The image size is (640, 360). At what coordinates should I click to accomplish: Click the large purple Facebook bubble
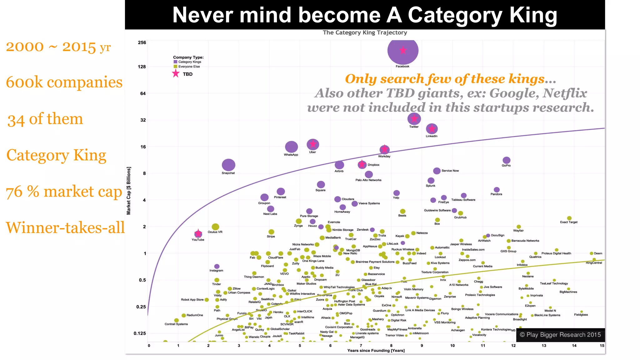pyautogui.click(x=402, y=50)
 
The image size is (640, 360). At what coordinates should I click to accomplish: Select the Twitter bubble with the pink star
pyautogui.click(x=414, y=119)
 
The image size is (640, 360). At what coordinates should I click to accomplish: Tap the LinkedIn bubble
pyautogui.click(x=432, y=128)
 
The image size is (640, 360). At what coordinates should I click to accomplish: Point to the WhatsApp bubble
pyautogui.click(x=291, y=147)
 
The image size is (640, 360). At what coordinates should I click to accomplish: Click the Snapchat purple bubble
pyautogui.click(x=228, y=165)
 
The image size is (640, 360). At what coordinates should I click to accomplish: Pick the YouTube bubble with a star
pyautogui.click(x=198, y=234)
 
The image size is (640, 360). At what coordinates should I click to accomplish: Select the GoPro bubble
pyautogui.click(x=506, y=160)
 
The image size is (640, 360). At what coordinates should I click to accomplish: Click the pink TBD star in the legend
pyautogui.click(x=176, y=74)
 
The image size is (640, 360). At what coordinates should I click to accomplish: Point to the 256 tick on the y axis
pyautogui.click(x=142, y=42)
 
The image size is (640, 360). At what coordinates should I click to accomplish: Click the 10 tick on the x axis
pyautogui.click(x=452, y=346)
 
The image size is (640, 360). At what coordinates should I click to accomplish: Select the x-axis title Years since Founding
pyautogui.click(x=376, y=351)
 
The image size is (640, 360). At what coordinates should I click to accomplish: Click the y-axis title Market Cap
pyautogui.click(x=128, y=191)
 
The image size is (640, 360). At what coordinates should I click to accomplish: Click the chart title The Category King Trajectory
pyautogui.click(x=365, y=32)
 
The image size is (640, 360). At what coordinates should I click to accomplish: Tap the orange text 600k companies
pyautogui.click(x=64, y=82)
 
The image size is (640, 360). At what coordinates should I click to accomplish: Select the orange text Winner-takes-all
pyautogui.click(x=65, y=227)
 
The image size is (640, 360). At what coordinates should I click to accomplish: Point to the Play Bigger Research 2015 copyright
pyautogui.click(x=560, y=335)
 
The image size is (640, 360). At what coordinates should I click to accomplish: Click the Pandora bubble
pyautogui.click(x=497, y=190)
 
